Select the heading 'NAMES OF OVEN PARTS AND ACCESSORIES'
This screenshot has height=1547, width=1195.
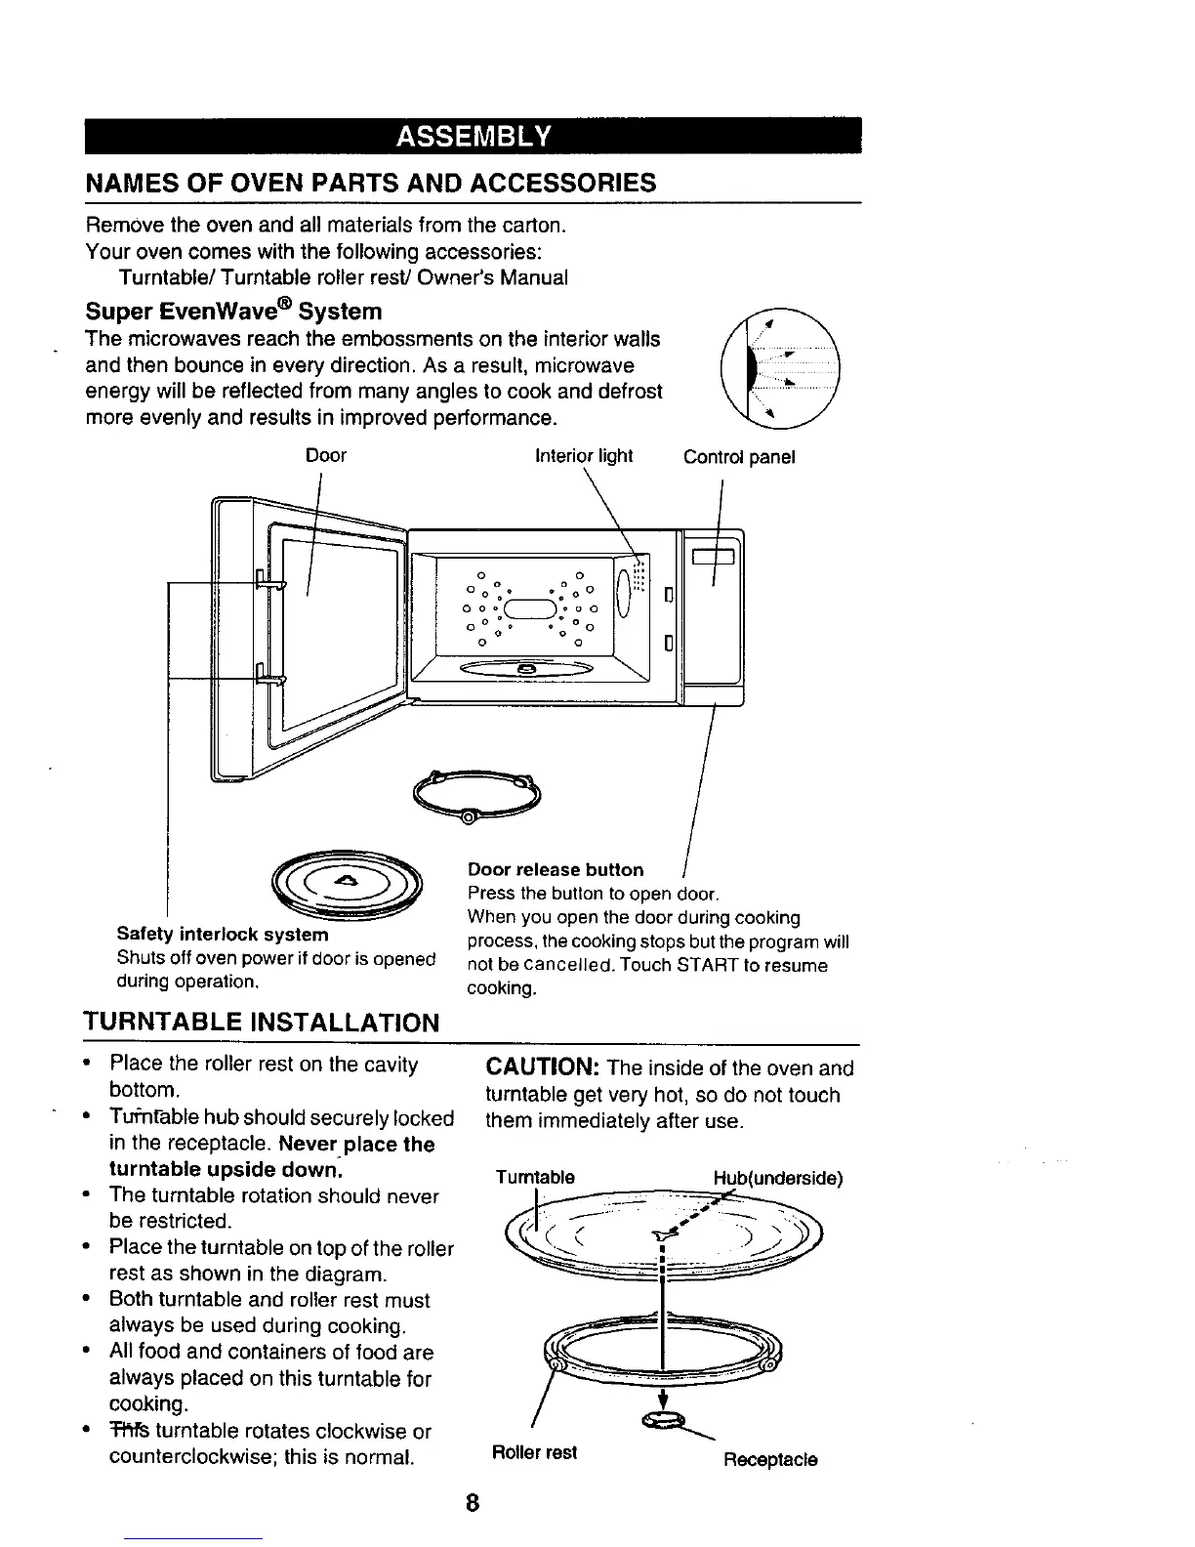[x=371, y=183]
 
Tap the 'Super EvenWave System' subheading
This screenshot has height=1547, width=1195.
[x=234, y=312]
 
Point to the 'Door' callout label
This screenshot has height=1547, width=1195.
[x=326, y=456]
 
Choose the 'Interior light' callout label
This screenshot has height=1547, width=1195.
[x=584, y=456]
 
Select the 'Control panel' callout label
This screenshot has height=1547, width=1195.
[x=739, y=457]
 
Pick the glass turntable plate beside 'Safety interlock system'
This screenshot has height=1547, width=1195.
[x=348, y=883]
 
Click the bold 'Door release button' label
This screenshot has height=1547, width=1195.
[x=556, y=869]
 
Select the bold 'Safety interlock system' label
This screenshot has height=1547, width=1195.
[x=223, y=935]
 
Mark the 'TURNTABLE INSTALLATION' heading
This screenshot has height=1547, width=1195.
[x=262, y=1023]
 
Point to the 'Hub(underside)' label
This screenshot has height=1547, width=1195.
[x=777, y=1178]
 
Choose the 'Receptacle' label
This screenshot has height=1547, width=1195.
[x=770, y=1460]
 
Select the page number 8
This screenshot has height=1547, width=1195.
[x=473, y=1505]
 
